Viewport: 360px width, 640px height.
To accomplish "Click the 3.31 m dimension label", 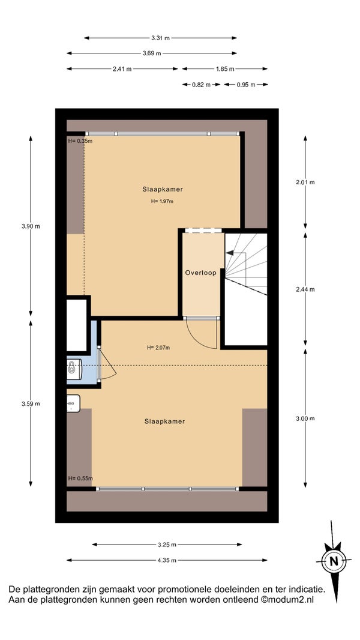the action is pyautogui.click(x=160, y=38).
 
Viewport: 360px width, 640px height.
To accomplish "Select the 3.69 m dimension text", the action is pyautogui.click(x=152, y=53).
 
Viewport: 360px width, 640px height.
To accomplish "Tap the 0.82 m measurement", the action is pyautogui.click(x=202, y=85).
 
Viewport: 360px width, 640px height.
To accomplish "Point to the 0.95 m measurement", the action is pyautogui.click(x=246, y=85).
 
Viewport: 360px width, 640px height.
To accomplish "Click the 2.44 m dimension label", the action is pyautogui.click(x=305, y=289).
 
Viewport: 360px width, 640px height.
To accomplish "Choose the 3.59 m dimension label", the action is pyautogui.click(x=31, y=403).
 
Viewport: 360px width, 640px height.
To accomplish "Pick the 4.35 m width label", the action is pyautogui.click(x=167, y=560).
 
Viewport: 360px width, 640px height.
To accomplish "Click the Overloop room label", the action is pyautogui.click(x=200, y=273).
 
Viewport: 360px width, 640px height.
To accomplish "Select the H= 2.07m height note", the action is pyautogui.click(x=158, y=348).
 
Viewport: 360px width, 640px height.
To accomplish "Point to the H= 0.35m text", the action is pyautogui.click(x=80, y=141).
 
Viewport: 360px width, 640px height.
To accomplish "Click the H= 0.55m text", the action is pyautogui.click(x=80, y=478).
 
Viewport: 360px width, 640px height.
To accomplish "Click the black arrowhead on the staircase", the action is pyautogui.click(x=230, y=253).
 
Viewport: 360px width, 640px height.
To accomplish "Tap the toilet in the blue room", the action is pyautogui.click(x=74, y=369).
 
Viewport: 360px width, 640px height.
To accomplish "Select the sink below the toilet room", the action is pyautogui.click(x=73, y=403).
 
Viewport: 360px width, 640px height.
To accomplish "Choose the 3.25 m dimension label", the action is pyautogui.click(x=167, y=545).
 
